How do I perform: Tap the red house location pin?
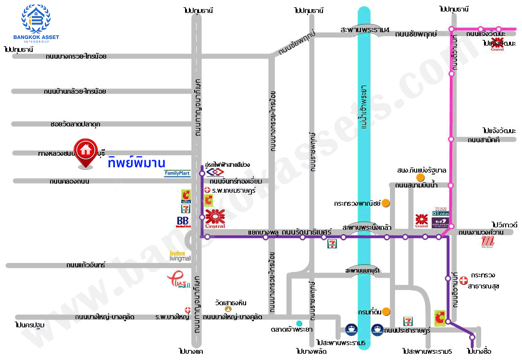(x=87, y=153)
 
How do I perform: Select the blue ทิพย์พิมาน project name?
(x=137, y=162)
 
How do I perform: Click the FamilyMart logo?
(x=177, y=174)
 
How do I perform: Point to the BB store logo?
(x=183, y=222)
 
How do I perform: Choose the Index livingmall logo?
(x=180, y=255)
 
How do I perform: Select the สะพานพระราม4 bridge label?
(x=365, y=30)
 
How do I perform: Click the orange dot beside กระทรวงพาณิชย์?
(x=385, y=203)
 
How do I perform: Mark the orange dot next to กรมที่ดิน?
(x=386, y=312)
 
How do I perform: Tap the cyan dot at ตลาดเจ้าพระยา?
(x=299, y=323)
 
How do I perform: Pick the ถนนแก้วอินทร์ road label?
(x=86, y=265)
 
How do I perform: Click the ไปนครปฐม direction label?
(x=30, y=325)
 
